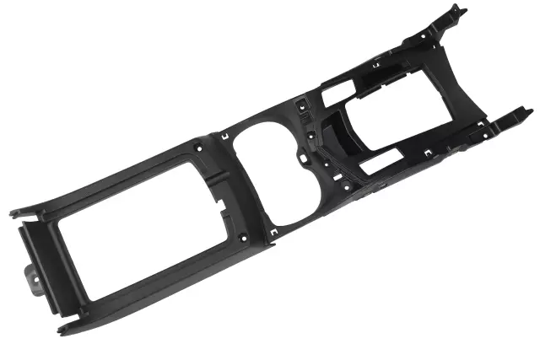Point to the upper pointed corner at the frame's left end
(12, 212)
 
